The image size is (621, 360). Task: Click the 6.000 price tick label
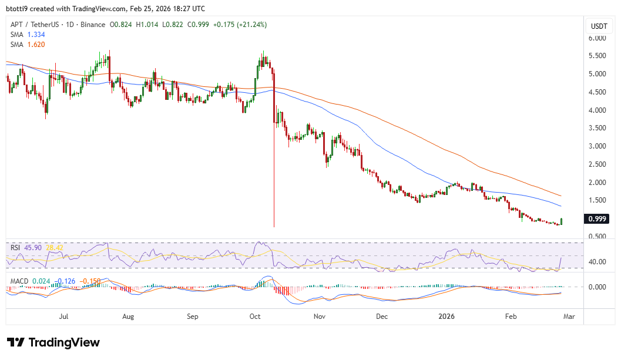(597, 38)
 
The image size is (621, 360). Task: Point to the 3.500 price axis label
(597, 127)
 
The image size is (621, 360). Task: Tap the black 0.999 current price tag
(597, 219)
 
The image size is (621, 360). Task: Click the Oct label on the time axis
(255, 317)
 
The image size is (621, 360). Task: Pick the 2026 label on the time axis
(448, 317)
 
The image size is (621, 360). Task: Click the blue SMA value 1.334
(36, 35)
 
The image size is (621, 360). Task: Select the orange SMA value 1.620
(36, 44)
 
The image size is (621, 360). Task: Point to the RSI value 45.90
(33, 248)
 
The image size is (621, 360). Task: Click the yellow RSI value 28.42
(55, 248)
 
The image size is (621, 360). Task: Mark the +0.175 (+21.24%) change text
(243, 25)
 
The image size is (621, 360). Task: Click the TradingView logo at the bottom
(53, 342)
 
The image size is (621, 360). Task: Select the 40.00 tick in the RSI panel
(597, 262)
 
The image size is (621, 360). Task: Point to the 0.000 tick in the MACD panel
(597, 287)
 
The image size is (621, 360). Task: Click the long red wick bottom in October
(274, 226)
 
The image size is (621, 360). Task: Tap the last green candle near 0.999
(562, 221)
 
